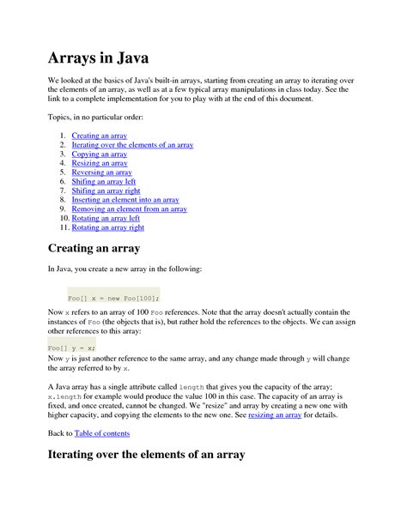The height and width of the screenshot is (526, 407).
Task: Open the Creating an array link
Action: pyautogui.click(x=100, y=136)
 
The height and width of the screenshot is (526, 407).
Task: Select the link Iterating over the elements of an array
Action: pyautogui.click(x=132, y=145)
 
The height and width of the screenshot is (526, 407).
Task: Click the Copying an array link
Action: pyautogui.click(x=100, y=154)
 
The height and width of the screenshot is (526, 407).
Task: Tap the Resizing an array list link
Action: pyautogui.click(x=100, y=163)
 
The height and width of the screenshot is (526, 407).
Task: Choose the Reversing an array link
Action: pyautogui.click(x=101, y=172)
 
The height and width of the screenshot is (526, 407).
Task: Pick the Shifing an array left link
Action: pyautogui.click(x=104, y=182)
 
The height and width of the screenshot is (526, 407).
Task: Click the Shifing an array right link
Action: pyautogui.click(x=106, y=190)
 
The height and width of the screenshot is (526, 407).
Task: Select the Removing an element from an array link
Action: pyautogui.click(x=130, y=209)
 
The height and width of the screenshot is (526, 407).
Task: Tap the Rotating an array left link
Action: pyautogui.click(x=106, y=218)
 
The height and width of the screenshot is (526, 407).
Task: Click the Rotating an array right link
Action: pyautogui.click(x=108, y=227)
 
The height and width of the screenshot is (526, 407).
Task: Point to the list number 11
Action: pyautogui.click(x=64, y=227)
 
